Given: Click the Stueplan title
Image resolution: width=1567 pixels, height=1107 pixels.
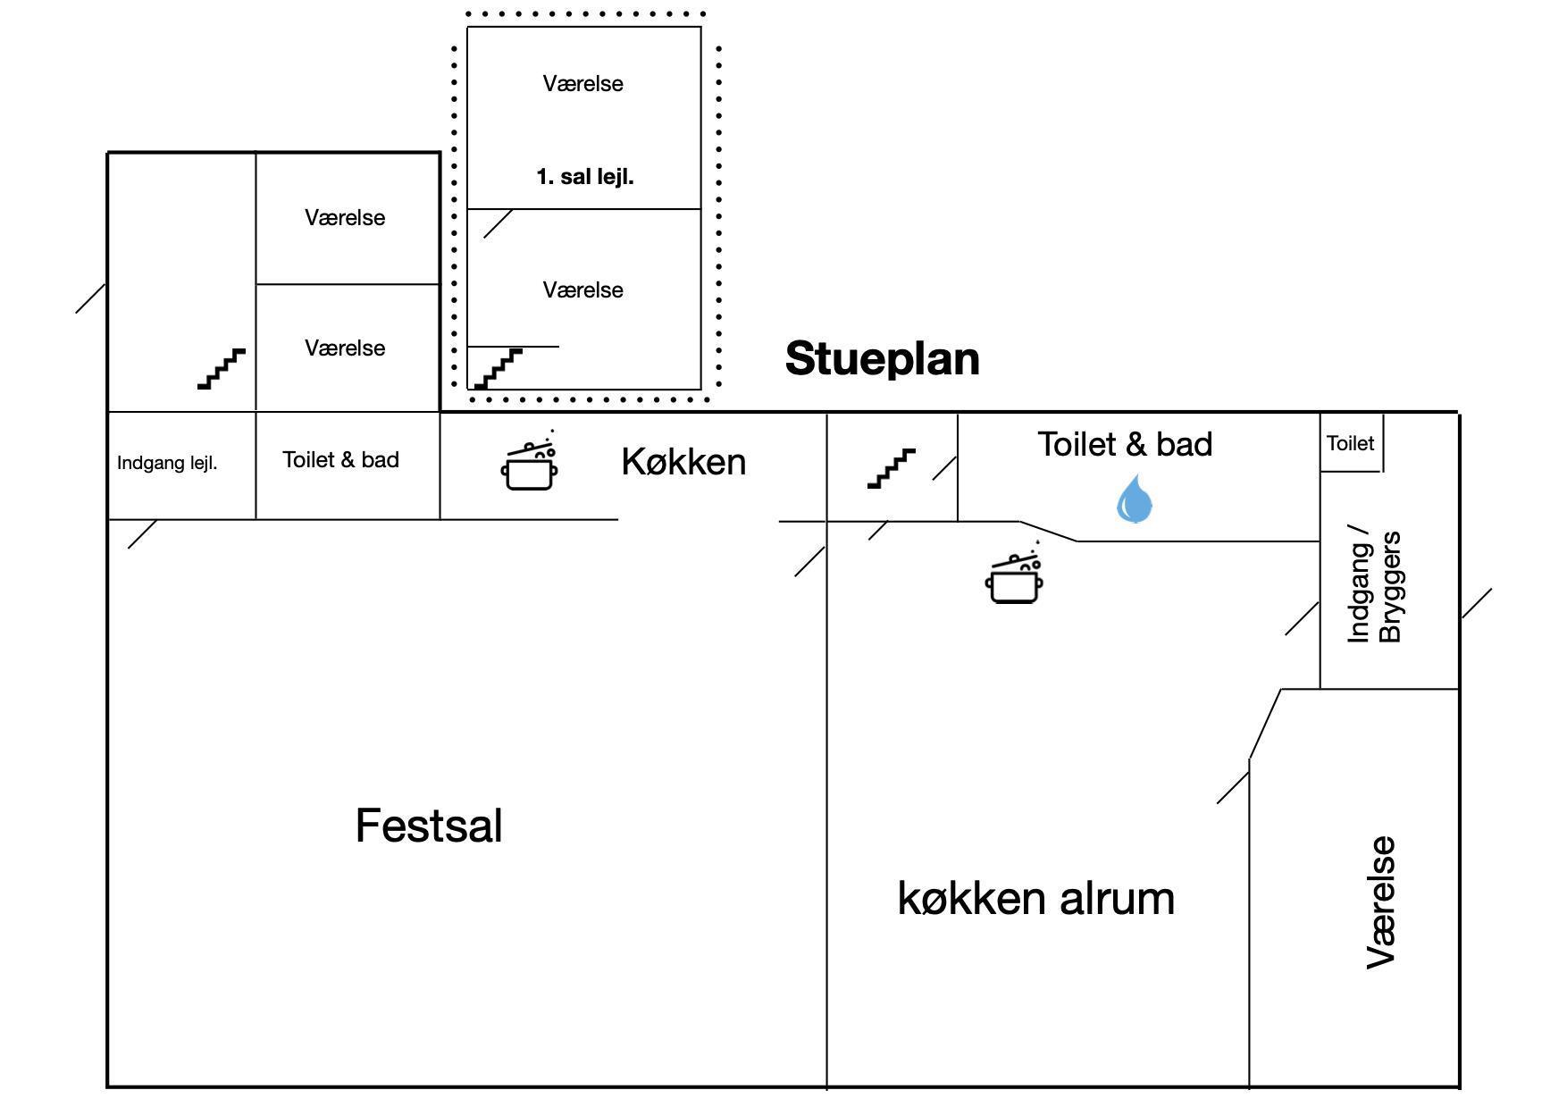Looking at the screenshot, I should coord(882,359).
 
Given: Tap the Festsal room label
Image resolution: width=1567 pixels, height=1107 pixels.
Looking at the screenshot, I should coord(429,826).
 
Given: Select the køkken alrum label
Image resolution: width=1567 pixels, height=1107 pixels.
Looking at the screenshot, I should coord(1035,898).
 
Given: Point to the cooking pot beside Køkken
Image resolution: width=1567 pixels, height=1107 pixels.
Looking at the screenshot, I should coord(530,463).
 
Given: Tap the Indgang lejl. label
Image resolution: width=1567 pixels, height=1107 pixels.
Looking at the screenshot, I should coord(167,463).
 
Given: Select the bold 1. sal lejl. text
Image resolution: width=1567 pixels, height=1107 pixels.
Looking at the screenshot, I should coord(584,177).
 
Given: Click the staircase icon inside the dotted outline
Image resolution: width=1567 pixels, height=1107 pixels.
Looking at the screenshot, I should coord(498,368).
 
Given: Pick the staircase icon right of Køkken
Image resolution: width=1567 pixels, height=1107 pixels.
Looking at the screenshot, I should coord(892,468).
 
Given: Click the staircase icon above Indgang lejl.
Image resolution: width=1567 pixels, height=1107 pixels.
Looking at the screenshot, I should coord(222,368).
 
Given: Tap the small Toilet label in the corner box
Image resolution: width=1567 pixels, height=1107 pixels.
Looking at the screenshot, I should coord(1350,443).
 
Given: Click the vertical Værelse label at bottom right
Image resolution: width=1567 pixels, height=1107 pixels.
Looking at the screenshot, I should coord(1381,902).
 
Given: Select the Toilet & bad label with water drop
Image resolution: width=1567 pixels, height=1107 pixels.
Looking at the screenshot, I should coord(1125,444).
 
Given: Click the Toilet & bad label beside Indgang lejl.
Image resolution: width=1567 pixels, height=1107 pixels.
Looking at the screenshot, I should coord(340,459).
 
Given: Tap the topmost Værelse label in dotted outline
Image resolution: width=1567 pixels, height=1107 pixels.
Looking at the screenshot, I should coord(582,84).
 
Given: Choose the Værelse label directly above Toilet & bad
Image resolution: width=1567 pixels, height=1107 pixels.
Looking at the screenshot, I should coord(345,348).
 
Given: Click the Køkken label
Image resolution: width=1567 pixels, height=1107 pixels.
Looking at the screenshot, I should coord(683,462).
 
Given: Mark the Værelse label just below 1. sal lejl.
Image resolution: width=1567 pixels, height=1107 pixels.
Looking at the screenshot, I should coord(582,289).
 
